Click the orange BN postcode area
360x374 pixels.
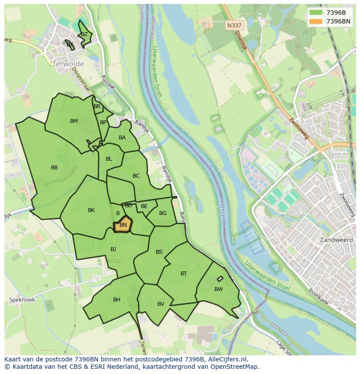tap(123, 225)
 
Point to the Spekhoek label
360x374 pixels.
tap(22, 300)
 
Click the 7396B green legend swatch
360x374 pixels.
tap(316, 13)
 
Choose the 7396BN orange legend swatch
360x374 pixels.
tap(316, 21)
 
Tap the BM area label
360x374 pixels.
tap(74, 121)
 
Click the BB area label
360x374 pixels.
tap(54, 168)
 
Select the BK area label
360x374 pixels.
tap(91, 210)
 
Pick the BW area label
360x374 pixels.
tap(218, 289)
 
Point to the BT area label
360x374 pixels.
tap(183, 274)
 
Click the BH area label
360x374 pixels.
tap(117, 300)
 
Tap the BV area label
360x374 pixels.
tap(161, 304)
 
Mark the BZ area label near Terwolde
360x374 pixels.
tap(84, 34)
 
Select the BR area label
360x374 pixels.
tap(97, 106)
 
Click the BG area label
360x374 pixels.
tap(163, 213)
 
